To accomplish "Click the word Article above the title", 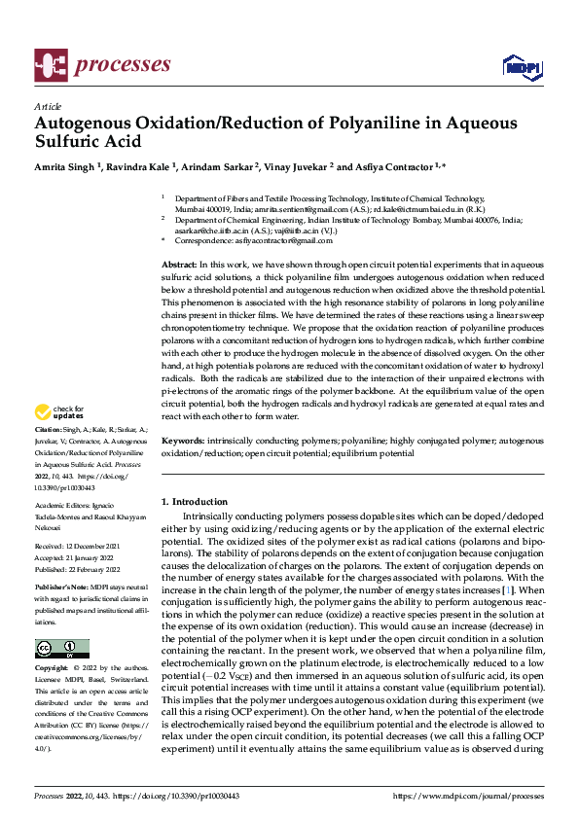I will [48, 106].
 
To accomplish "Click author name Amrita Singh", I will [64, 166].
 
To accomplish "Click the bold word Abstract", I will [178, 265].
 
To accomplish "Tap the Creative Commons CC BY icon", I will [61, 649].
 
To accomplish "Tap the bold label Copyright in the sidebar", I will [53, 669].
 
